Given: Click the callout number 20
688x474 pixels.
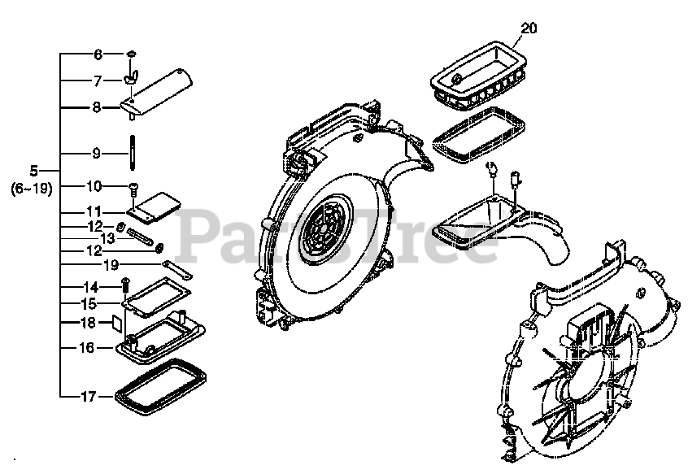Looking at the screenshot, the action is click(529, 28).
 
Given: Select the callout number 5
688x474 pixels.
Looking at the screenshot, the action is click(34, 171).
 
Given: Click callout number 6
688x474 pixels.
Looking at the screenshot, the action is click(98, 54).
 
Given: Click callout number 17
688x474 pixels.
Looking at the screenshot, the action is click(89, 397).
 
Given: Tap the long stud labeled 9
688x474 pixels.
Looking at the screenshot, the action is click(131, 152).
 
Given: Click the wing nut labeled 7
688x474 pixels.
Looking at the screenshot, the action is click(130, 78).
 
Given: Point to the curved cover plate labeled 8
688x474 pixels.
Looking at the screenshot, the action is click(159, 92).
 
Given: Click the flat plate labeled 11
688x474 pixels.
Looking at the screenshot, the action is click(155, 206).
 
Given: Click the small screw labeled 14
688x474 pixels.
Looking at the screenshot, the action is click(126, 284).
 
